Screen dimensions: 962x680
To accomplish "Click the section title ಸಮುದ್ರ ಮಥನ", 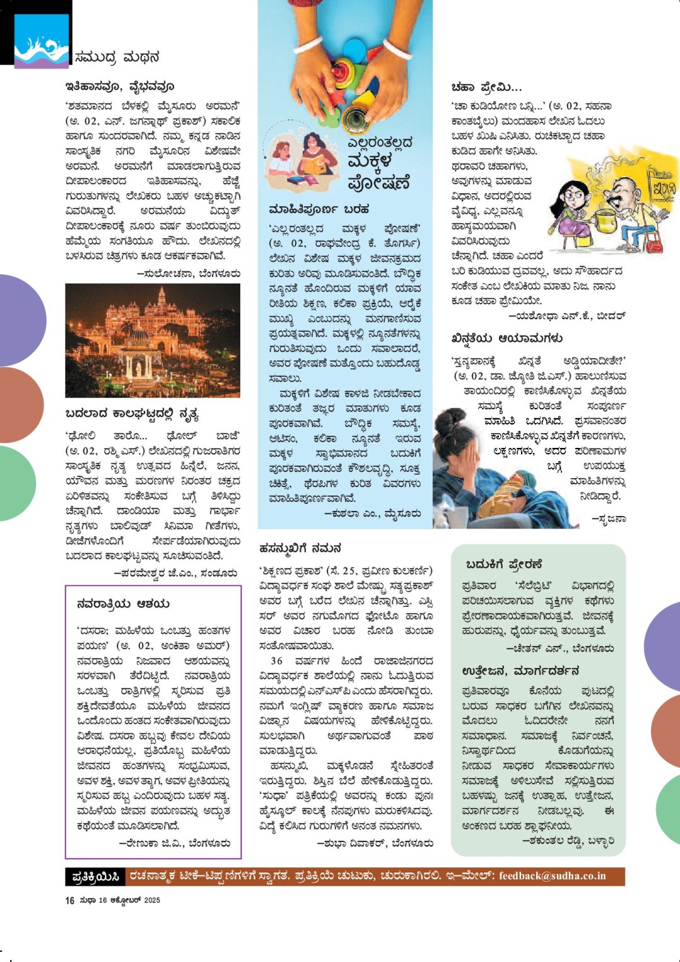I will (117, 57).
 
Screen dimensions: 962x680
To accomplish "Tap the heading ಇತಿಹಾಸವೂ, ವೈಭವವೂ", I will (119, 86).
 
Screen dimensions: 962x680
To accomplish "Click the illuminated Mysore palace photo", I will (153, 340).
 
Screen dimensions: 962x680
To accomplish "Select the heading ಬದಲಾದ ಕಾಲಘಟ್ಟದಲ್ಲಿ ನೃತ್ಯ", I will (132, 414).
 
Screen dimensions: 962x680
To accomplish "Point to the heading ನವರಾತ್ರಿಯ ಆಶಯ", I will (123, 604).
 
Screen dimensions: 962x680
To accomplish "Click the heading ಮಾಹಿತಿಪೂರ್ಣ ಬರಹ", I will (319, 209).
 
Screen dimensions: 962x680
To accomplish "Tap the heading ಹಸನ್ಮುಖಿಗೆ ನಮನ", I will (300, 548).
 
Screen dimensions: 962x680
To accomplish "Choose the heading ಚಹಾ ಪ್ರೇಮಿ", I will (486, 87).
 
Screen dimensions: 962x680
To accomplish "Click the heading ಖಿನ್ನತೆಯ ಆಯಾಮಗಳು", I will (507, 339).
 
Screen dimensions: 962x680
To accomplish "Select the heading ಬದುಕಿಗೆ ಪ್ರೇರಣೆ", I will (504, 564).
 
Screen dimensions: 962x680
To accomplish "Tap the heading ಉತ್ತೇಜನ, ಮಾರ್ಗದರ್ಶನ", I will (520, 671).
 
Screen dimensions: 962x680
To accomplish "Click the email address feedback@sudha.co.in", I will (552, 876).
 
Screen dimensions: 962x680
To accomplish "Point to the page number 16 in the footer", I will (69, 901).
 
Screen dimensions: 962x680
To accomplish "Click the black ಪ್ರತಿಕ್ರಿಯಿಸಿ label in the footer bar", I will (96, 877).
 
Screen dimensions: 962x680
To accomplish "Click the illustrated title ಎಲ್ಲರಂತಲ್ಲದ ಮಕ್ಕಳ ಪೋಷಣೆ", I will (378, 163).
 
